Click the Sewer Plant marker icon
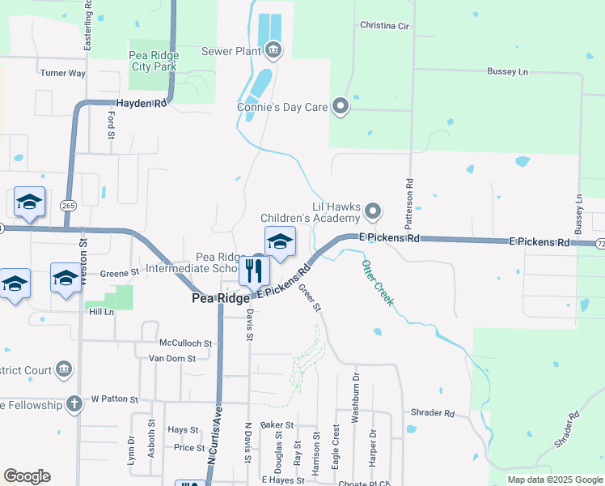pyautogui.click(x=273, y=52)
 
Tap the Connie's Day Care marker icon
pyautogui.click(x=341, y=106)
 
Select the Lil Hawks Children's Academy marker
pyautogui.click(x=373, y=211)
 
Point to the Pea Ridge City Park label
pyautogui.click(x=153, y=61)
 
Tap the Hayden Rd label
pyautogui.click(x=142, y=104)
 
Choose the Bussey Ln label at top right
pyautogui.click(x=507, y=71)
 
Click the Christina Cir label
pyautogui.click(x=384, y=26)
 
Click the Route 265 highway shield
pyautogui.click(x=68, y=207)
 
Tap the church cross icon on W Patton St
pyautogui.click(x=74, y=404)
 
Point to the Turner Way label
pyautogui.click(x=63, y=73)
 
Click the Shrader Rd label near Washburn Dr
pyautogui.click(x=433, y=412)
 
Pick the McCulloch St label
pyautogui.click(x=185, y=343)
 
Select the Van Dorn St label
pyautogui.click(x=172, y=358)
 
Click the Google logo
pyautogui.click(x=27, y=476)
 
